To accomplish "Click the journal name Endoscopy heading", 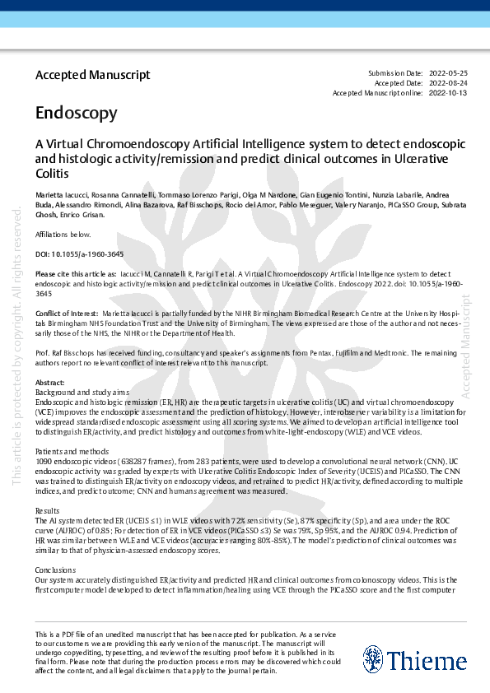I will pyautogui.click(x=76, y=113).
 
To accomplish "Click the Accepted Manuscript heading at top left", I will pyautogui.click(x=92, y=75).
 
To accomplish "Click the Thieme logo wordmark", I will pyautogui.click(x=415, y=660).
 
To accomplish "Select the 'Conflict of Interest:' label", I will pyautogui.click(x=65, y=314).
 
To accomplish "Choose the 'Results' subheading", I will pyautogui.click(x=48, y=511).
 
